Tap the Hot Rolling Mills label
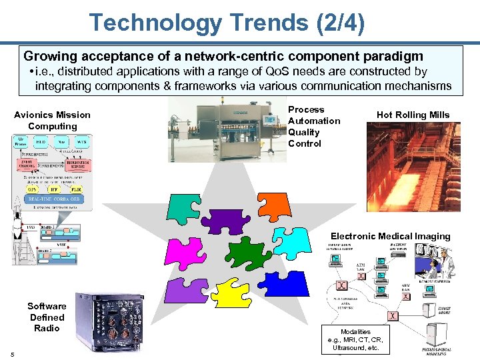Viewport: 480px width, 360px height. (413, 115)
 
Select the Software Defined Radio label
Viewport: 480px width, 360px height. (47, 317)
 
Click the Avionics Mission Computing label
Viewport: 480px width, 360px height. (52, 121)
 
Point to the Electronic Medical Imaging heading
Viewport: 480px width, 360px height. (391, 236)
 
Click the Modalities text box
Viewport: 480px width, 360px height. (355, 339)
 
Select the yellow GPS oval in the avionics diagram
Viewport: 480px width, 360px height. (23, 189)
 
